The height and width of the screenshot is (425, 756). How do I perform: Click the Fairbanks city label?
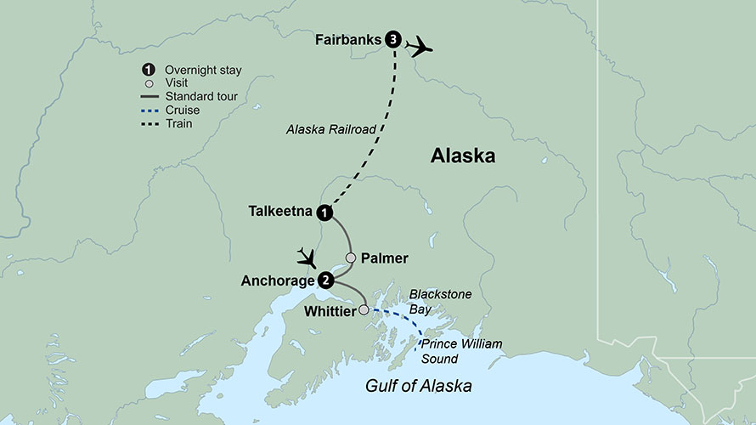(x=347, y=39)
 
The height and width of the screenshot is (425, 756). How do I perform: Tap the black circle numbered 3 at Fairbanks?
(x=392, y=39)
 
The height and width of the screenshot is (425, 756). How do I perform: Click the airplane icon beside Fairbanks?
(x=419, y=46)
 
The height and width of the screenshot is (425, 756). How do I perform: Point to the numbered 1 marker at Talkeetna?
(x=324, y=212)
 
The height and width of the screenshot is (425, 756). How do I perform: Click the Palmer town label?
(x=385, y=258)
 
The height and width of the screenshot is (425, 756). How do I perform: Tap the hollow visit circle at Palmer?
(x=350, y=258)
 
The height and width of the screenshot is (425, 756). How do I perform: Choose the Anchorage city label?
(x=279, y=280)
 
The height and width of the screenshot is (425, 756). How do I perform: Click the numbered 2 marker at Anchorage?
(x=324, y=280)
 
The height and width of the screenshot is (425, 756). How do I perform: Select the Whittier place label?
(x=330, y=311)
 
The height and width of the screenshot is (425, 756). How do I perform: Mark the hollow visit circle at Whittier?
(x=364, y=310)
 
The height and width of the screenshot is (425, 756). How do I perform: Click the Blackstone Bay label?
(x=441, y=302)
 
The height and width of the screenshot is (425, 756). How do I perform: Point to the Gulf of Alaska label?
(x=418, y=387)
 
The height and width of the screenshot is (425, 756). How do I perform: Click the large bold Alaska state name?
(x=462, y=156)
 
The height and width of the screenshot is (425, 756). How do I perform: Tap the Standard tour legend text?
(x=201, y=97)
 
